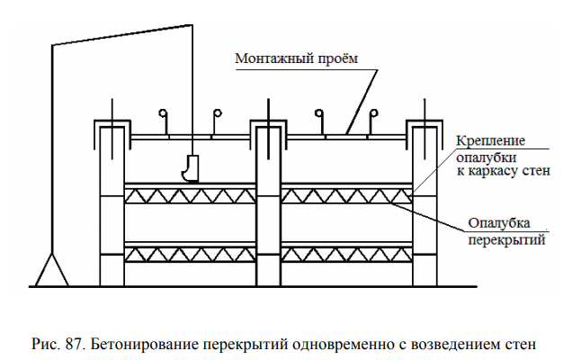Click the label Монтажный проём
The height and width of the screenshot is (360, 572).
coord(296,58)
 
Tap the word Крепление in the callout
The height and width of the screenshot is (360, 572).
coord(489,141)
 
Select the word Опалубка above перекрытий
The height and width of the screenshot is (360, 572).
coord(498,224)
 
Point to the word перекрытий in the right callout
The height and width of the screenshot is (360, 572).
coord(498,239)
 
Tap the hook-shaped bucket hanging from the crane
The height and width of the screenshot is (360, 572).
coord(190,168)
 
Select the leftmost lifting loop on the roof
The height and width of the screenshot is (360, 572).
coord(163,114)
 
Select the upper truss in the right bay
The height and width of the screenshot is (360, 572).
coord(345,196)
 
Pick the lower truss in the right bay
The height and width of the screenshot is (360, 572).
coord(345,254)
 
